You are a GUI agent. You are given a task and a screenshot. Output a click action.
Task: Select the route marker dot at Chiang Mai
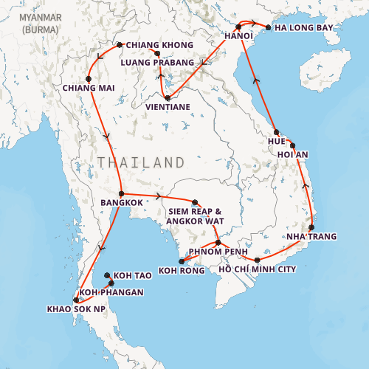89,78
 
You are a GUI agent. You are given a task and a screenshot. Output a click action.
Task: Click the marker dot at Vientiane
168,97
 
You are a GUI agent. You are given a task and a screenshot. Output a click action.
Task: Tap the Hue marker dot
275,131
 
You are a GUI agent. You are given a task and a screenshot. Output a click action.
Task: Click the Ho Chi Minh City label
258,269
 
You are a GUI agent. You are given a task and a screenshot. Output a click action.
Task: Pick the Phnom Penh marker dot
218,242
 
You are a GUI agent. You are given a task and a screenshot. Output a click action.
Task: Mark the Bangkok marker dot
120,193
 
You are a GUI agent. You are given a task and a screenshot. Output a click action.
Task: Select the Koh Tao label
133,275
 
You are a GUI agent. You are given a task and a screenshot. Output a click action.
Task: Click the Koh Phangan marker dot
111,283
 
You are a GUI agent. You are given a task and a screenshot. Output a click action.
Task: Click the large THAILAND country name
141,162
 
